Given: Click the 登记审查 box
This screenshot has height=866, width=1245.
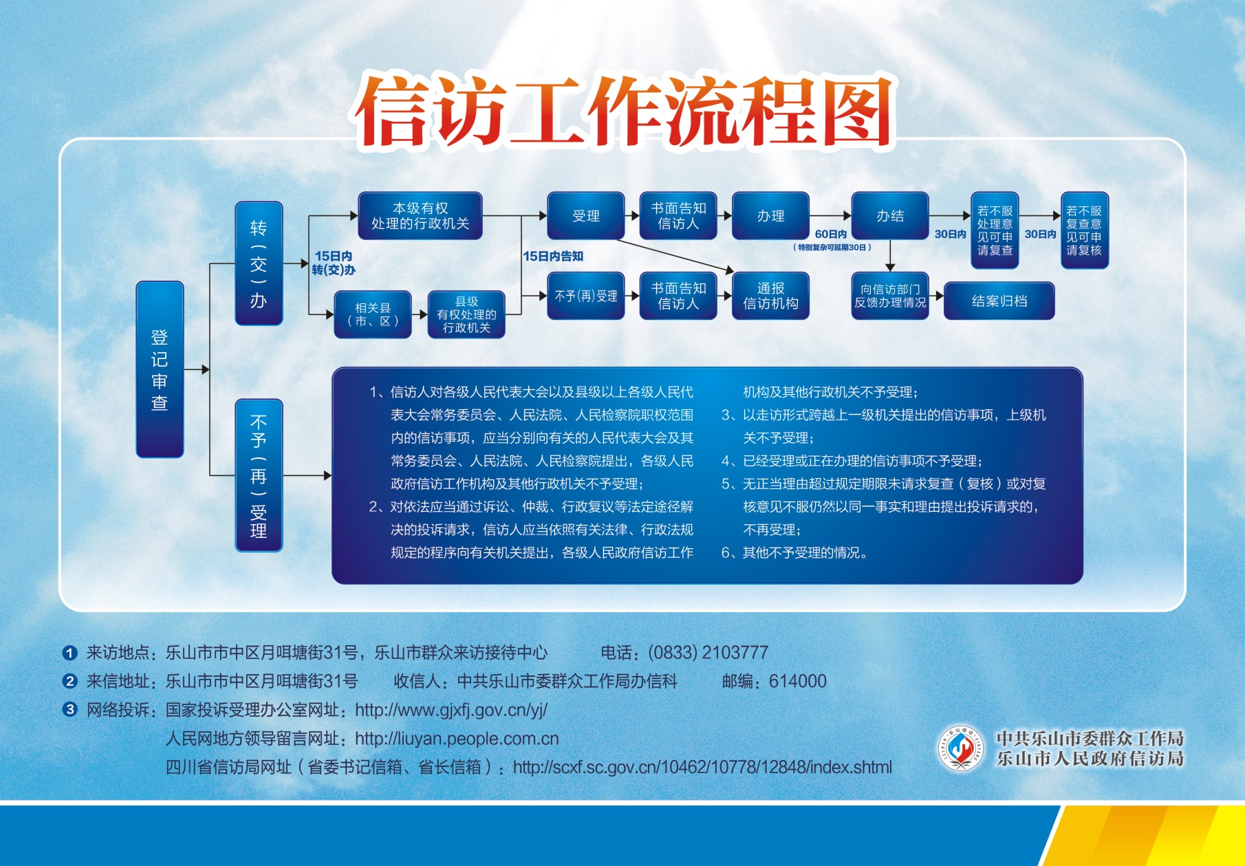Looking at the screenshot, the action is pos(160,369).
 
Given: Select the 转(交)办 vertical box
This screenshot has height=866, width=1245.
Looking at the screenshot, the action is pos(259,263).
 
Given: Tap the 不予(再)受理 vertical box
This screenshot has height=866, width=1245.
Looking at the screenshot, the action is pos(259,475).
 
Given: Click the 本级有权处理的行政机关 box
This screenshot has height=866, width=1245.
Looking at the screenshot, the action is pos(420,215).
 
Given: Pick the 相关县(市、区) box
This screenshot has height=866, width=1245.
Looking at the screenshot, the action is pos(373,314).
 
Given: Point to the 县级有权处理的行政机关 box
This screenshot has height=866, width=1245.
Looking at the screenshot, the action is pos(466,314).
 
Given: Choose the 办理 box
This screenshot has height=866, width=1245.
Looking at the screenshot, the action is pos(770,215).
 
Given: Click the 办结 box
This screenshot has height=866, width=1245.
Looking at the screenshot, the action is pos(890,215).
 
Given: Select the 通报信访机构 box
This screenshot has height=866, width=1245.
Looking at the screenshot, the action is pos(770,296).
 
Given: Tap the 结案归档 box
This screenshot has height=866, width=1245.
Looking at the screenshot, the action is pos(999,301).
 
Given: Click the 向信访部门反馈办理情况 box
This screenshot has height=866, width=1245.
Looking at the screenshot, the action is pos(890,296).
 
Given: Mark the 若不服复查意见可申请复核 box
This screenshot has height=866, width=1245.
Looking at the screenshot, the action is pos(1085,230).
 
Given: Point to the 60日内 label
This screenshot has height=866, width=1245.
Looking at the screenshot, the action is pos(831,235).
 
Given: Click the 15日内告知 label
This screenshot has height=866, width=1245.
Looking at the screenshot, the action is pos(553,256).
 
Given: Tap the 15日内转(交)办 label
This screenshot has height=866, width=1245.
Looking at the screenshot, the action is pos(334,263).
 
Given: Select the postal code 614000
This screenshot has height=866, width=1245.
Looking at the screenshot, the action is pos(798,681).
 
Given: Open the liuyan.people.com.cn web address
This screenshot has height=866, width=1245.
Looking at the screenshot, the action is pos(457,739).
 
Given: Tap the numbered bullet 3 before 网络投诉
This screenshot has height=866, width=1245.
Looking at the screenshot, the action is pos(69,709).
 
